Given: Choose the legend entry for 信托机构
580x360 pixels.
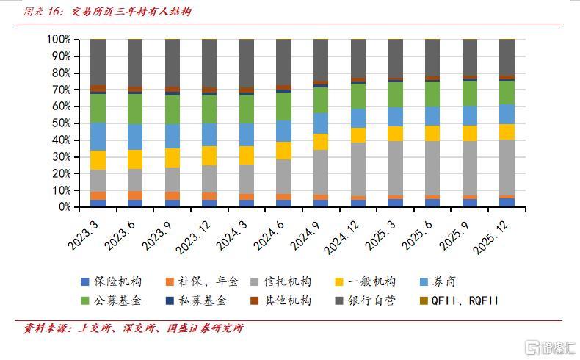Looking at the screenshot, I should [x=286, y=281].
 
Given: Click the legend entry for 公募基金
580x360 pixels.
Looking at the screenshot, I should [x=117, y=300].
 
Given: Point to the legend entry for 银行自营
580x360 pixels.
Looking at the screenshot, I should [x=371, y=300].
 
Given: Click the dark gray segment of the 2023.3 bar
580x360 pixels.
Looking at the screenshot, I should [x=98, y=62].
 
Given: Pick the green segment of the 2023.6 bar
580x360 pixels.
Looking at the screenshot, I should [x=135, y=109].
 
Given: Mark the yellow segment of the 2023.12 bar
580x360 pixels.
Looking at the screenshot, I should [x=210, y=156].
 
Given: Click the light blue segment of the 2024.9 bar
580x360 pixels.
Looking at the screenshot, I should [x=321, y=123].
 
